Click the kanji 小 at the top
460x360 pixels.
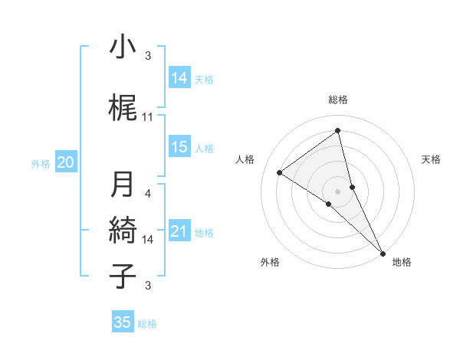tap(122, 47)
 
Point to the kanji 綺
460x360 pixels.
tap(122, 230)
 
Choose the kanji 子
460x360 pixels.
tap(122, 276)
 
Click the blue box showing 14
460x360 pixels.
tap(179, 77)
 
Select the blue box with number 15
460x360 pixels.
tap(179, 148)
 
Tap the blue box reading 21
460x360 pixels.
tap(179, 232)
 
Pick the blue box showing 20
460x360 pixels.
tap(66, 162)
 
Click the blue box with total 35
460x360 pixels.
tap(123, 322)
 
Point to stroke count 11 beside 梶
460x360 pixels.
tap(148, 116)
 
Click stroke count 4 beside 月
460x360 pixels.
tap(148, 194)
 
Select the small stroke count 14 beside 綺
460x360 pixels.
tap(148, 239)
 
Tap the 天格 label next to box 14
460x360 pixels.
tap(204, 79)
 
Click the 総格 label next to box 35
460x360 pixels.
tap(147, 324)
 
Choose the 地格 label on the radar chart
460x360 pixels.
tap(402, 262)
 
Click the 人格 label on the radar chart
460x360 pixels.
tap(245, 159)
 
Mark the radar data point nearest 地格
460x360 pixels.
tap(383, 253)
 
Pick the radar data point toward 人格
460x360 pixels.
tap(279, 172)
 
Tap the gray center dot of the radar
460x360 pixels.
tap(337, 191)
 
